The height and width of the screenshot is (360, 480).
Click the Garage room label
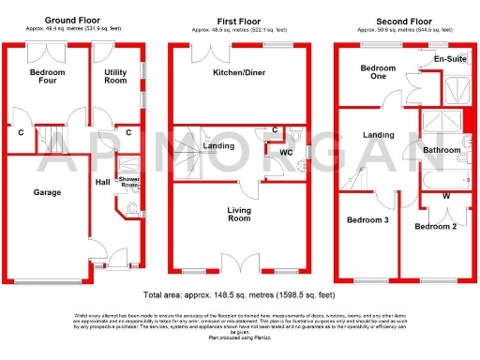47,192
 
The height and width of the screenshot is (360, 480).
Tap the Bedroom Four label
46,77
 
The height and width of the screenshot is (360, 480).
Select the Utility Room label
114,77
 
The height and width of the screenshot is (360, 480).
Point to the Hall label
102,183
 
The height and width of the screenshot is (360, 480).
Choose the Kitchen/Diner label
239,71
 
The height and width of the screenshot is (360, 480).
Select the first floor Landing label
218,145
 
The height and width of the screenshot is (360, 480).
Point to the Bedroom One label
379,73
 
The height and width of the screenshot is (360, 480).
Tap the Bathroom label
441,149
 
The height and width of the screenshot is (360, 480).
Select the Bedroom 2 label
436,227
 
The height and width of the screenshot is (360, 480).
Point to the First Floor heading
240,18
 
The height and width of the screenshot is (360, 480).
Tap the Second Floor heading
406,18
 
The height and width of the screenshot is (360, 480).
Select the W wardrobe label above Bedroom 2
444,196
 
